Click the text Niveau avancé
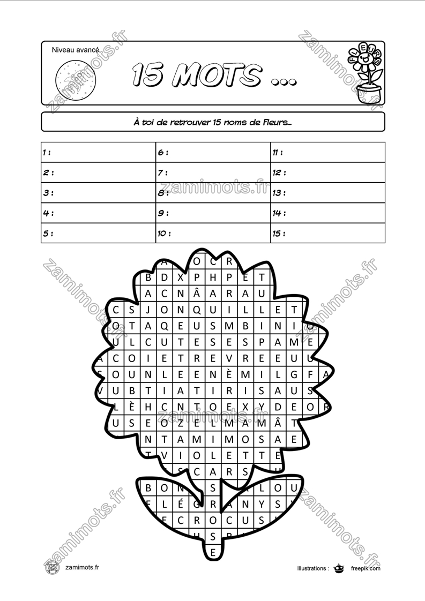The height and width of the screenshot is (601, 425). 76,50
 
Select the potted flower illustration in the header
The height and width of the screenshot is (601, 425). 367,73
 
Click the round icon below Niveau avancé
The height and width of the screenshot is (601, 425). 77,78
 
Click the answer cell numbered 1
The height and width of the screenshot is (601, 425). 98,152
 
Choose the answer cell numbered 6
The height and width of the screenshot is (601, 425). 213,152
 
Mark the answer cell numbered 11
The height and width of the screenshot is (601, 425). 327,152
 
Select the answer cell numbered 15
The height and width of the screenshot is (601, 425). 327,233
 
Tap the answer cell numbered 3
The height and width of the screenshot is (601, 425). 98,193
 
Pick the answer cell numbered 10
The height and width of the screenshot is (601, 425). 213,233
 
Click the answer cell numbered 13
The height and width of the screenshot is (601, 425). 327,193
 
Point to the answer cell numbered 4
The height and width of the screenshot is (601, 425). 98,213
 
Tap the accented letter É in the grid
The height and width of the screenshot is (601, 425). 181,504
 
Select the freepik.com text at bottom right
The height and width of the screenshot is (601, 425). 366,568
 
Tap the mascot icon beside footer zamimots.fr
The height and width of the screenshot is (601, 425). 52,568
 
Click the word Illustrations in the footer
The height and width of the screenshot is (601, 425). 312,568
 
